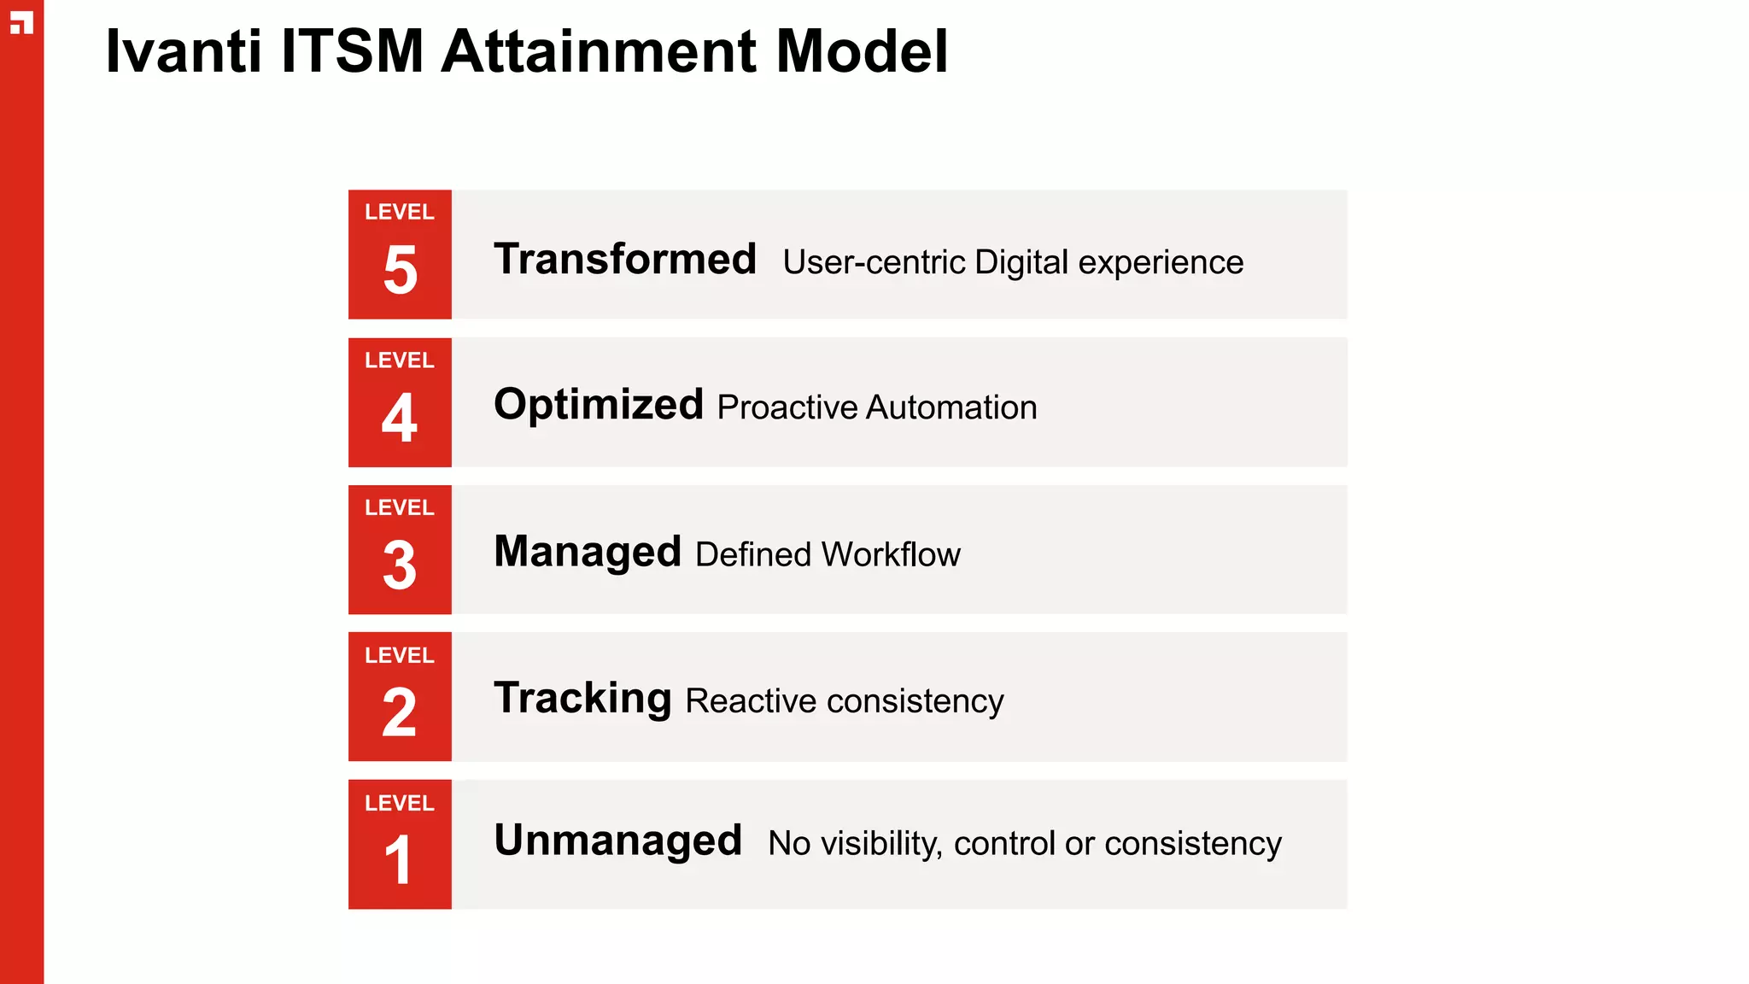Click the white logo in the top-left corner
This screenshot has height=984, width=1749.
pyautogui.click(x=21, y=23)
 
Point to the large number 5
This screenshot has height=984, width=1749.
pyautogui.click(x=400, y=271)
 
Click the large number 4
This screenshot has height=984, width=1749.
pyautogui.click(x=400, y=419)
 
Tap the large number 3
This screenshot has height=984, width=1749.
pyautogui.click(x=400, y=565)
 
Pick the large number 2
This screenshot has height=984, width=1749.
pyautogui.click(x=400, y=713)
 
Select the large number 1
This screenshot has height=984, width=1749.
pyautogui.click(x=399, y=860)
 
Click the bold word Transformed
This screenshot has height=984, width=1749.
pyautogui.click(x=625, y=259)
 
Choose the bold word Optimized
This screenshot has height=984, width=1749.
pyautogui.click(x=599, y=405)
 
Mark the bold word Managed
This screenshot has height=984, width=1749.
pyautogui.click(x=588, y=552)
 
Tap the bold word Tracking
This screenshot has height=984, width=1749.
pyautogui.click(x=583, y=698)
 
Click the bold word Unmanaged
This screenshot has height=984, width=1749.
pyautogui.click(x=618, y=840)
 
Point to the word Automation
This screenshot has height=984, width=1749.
pyautogui.click(x=951, y=407)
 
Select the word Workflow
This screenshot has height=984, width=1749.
pyautogui.click(x=891, y=554)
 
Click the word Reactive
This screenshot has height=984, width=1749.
pyautogui.click(x=751, y=701)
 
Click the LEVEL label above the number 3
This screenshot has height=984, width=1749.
pyautogui.click(x=400, y=508)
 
